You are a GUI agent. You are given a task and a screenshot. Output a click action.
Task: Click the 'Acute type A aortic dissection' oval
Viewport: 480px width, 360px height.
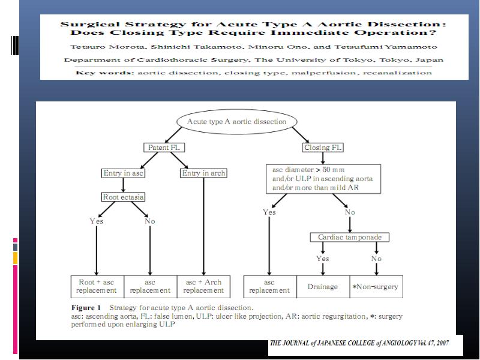coord(236,122)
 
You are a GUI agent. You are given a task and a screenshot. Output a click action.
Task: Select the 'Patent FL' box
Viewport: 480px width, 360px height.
coord(164,148)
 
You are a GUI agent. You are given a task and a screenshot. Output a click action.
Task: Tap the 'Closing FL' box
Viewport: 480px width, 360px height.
coord(323,148)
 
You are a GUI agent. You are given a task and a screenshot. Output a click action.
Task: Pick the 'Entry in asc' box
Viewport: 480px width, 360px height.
coord(123,173)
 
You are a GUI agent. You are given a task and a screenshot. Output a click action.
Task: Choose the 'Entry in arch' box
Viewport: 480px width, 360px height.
coord(203,173)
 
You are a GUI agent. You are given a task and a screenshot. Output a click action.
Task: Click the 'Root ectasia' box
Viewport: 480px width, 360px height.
coord(123,197)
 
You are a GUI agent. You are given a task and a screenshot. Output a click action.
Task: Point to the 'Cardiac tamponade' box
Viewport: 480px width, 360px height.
coord(350,237)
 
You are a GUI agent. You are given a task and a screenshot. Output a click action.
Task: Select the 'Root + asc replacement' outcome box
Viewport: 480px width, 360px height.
coord(97,287)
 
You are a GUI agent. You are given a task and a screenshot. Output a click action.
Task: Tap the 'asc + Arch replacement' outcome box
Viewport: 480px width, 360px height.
coord(203,287)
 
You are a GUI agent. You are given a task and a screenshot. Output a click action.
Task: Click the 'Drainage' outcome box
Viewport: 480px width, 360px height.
coord(323,287)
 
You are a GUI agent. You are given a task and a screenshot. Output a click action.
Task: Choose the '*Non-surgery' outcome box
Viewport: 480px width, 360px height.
coord(376,287)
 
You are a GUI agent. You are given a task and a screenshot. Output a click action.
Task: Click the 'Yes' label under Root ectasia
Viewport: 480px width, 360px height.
coord(97,221)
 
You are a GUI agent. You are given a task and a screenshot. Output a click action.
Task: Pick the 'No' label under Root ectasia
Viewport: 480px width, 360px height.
coord(150,221)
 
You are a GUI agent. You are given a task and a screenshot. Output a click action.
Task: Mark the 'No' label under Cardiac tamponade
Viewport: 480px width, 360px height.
coord(377,259)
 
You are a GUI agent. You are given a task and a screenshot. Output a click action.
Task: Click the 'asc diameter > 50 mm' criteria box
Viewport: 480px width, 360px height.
coord(323,179)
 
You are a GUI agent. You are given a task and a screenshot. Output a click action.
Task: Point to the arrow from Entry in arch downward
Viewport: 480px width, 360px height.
coord(203,227)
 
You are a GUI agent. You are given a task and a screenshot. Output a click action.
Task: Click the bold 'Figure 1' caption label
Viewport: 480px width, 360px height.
coord(86,308)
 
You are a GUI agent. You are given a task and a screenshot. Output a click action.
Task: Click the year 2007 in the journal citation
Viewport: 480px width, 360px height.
coord(442,343)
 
